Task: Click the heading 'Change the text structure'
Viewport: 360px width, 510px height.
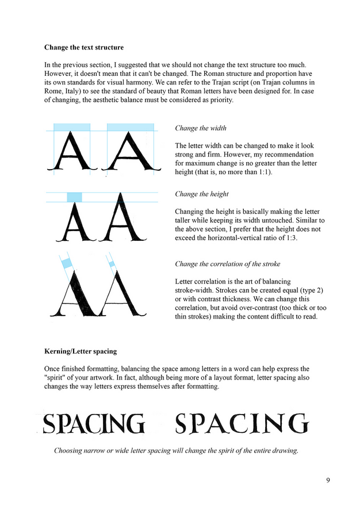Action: (84, 47)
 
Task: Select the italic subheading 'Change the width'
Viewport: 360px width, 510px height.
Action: (201, 128)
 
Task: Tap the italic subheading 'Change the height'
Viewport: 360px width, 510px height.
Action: (202, 194)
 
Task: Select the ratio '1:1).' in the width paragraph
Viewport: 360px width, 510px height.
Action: (262, 172)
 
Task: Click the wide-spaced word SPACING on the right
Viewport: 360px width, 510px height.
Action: (242, 424)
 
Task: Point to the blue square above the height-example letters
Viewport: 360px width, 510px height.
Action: (74, 197)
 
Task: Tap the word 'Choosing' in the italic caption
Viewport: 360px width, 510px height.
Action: (70, 451)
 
